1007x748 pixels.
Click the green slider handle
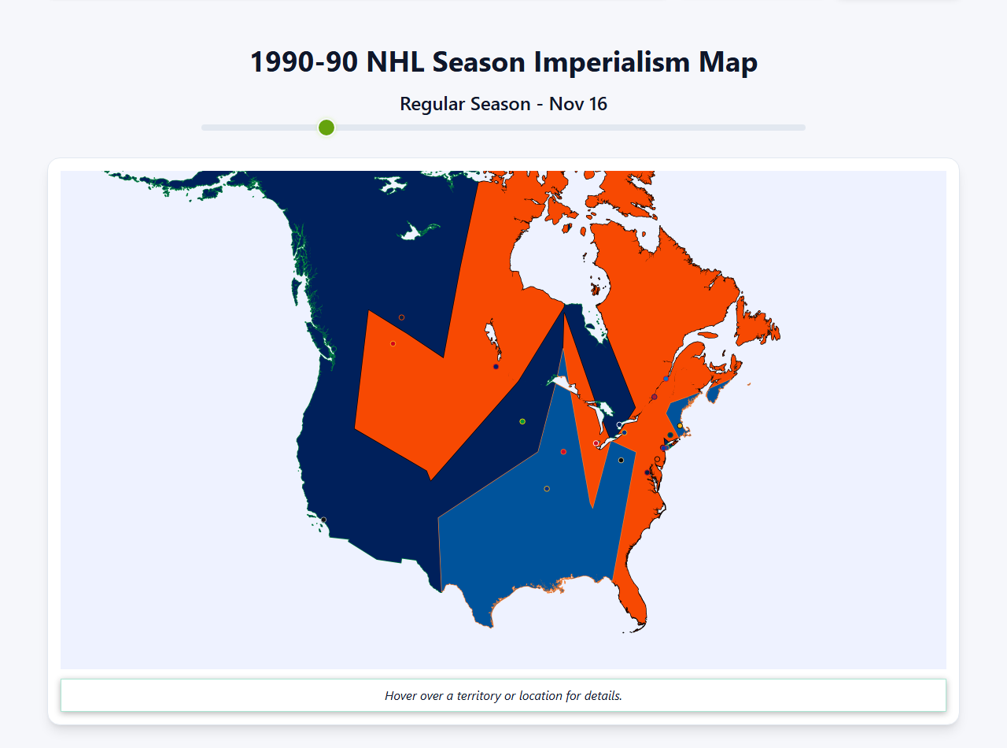(x=326, y=128)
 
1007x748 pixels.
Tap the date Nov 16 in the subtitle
(x=578, y=104)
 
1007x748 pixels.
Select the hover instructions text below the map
(x=503, y=696)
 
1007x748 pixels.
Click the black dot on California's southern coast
(x=323, y=520)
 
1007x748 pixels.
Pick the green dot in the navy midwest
(x=522, y=421)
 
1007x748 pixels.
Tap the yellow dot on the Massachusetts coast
(x=680, y=426)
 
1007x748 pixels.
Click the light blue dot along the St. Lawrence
(x=666, y=379)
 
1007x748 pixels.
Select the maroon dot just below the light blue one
(x=655, y=397)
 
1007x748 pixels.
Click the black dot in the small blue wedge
(x=621, y=460)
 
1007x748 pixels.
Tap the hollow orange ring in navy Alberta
(x=401, y=317)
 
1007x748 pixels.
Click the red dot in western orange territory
(x=393, y=343)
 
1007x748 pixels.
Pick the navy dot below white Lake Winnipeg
(x=496, y=366)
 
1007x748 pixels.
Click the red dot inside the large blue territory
(x=563, y=452)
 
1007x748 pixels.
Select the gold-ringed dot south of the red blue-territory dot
(x=547, y=489)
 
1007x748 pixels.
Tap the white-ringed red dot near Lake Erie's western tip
(x=596, y=443)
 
